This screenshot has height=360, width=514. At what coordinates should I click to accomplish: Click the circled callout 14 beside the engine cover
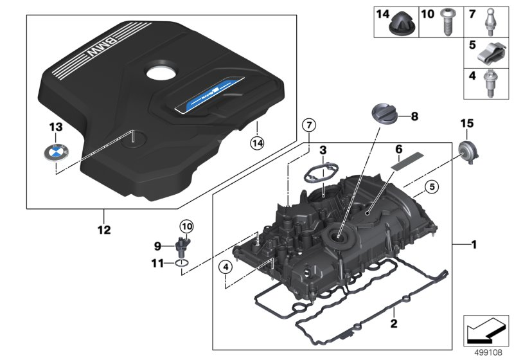tap(258, 142)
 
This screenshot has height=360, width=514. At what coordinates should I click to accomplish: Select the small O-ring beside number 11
tap(182, 263)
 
